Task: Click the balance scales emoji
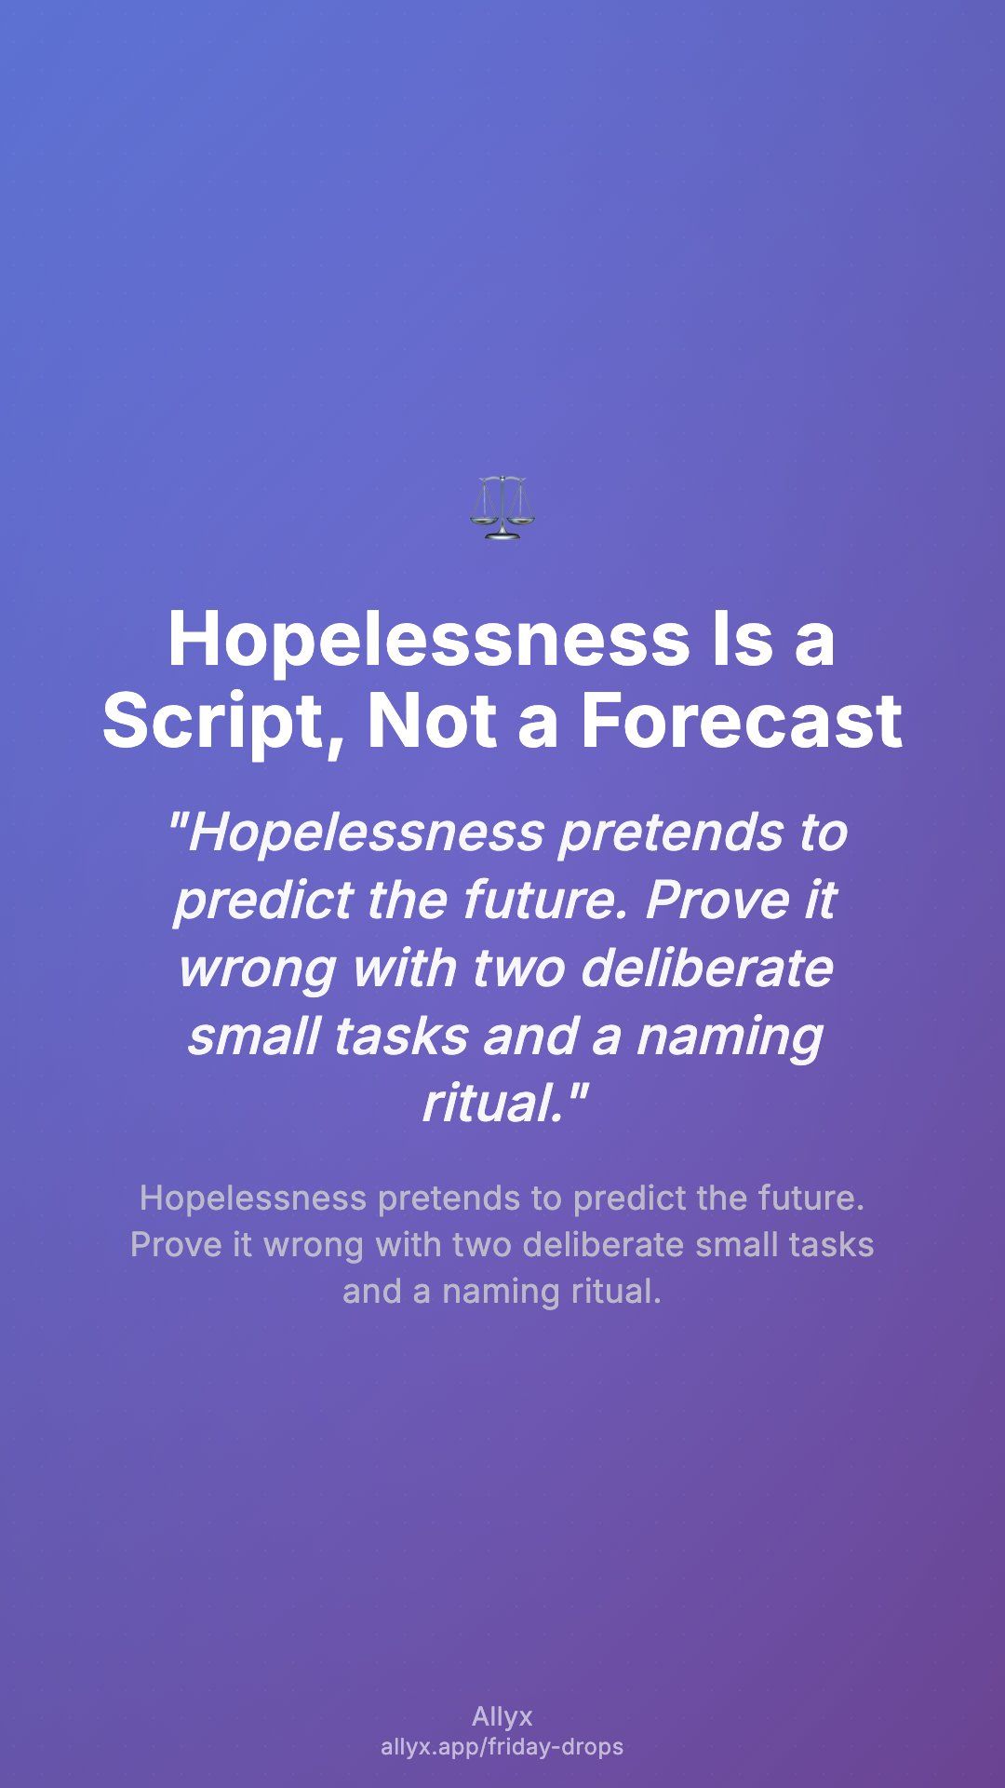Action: pyautogui.click(x=502, y=508)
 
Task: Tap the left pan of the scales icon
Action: pyautogui.click(x=483, y=515)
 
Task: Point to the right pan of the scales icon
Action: pyautogui.click(x=522, y=515)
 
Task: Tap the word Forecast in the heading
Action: pyautogui.click(x=743, y=722)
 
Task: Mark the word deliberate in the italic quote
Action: pyautogui.click(x=707, y=968)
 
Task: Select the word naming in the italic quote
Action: pyautogui.click(x=730, y=1036)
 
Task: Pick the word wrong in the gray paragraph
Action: pyautogui.click(x=314, y=1245)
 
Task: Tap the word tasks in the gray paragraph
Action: pyautogui.click(x=831, y=1245)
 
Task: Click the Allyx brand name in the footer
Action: pyautogui.click(x=502, y=1717)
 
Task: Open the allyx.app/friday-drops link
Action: pyautogui.click(x=502, y=1747)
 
